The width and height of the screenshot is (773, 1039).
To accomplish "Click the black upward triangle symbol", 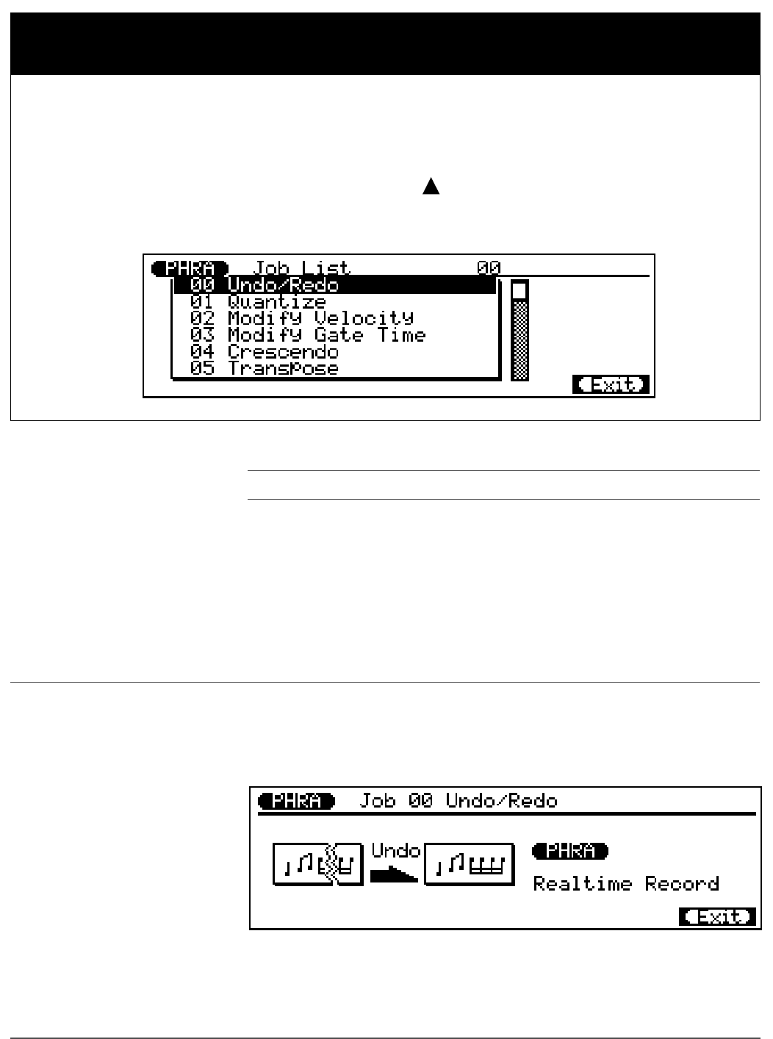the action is (431, 187).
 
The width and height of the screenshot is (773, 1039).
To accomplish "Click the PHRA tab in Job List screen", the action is (190, 269).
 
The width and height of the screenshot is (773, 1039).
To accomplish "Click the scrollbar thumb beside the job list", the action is (519, 291).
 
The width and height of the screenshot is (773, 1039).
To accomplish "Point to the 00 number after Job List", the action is (489, 269).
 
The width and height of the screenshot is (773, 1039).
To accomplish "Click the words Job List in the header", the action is (302, 269).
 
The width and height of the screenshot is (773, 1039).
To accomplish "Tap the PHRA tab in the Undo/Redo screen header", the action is (296, 801).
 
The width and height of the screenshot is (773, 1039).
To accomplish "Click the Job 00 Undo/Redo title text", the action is (458, 801).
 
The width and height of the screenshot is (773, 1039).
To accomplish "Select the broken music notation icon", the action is (317, 865).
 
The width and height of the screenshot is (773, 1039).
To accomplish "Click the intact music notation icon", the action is (470, 865).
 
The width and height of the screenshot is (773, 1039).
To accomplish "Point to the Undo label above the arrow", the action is (395, 852).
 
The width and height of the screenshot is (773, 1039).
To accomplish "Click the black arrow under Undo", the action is (394, 874).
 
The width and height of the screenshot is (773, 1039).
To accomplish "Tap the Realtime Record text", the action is (626, 884).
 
